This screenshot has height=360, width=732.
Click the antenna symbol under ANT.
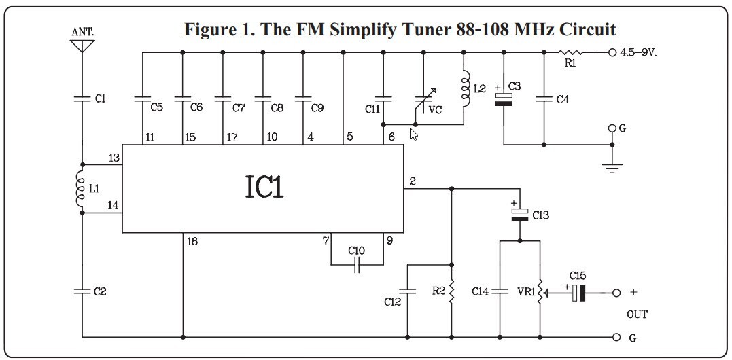coord(82,46)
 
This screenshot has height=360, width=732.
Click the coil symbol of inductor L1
coord(80,188)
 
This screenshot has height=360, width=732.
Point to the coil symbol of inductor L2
coord(464,87)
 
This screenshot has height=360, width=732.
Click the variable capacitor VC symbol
coord(424,101)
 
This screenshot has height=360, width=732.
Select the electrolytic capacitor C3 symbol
coord(504,98)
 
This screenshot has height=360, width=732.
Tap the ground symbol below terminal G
coord(612,167)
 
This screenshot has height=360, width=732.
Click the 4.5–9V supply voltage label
coord(638,52)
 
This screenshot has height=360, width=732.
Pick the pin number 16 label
coord(192,241)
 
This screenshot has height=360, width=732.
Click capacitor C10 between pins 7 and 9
coord(357,265)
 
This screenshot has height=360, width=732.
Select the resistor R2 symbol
coord(451,292)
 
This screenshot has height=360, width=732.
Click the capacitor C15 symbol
coord(578,293)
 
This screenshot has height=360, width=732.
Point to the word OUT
coord(637,314)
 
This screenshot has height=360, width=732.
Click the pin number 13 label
coord(114,158)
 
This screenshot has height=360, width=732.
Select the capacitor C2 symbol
coord(82,291)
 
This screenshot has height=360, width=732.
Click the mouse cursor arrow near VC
coord(414,134)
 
